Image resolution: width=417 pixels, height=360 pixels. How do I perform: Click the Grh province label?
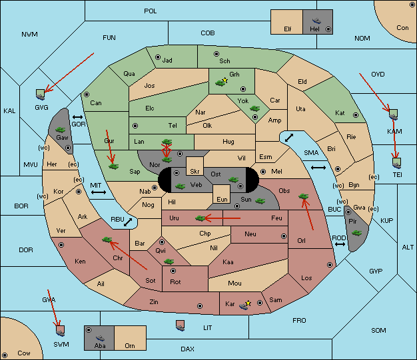click(234, 75)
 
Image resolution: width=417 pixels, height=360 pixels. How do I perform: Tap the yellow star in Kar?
click(248, 303)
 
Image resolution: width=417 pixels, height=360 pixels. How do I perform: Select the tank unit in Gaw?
click(61, 130)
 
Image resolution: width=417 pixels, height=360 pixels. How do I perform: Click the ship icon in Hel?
click(316, 21)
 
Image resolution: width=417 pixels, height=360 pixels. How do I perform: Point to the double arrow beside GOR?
click(78, 117)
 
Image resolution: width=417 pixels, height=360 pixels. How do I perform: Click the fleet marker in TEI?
click(397, 163)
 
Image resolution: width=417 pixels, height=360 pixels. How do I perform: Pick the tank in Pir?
click(356, 233)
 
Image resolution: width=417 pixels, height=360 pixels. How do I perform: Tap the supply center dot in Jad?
click(158, 57)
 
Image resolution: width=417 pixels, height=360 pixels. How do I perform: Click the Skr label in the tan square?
click(195, 172)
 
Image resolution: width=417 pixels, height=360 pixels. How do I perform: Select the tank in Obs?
click(303, 196)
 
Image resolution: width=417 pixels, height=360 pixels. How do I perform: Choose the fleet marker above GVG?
click(40, 94)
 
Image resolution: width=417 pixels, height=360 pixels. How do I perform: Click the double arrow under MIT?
click(99, 192)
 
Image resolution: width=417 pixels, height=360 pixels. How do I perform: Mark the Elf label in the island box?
click(288, 29)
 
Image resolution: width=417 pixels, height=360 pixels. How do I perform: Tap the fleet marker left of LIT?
click(181, 325)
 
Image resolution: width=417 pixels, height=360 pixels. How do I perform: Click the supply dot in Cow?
click(5, 355)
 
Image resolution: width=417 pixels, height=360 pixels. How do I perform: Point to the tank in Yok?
click(254, 108)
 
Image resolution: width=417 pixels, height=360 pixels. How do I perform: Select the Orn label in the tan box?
click(130, 345)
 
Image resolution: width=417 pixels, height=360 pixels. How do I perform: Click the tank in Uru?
click(201, 218)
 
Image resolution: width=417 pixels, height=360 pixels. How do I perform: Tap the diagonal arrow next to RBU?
click(128, 222)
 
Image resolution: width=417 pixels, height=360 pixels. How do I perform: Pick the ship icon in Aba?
click(101, 338)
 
